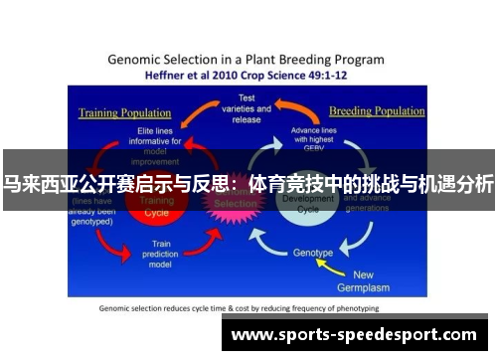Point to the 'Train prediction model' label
tap(167, 253)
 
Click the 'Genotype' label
tap(313, 253)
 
